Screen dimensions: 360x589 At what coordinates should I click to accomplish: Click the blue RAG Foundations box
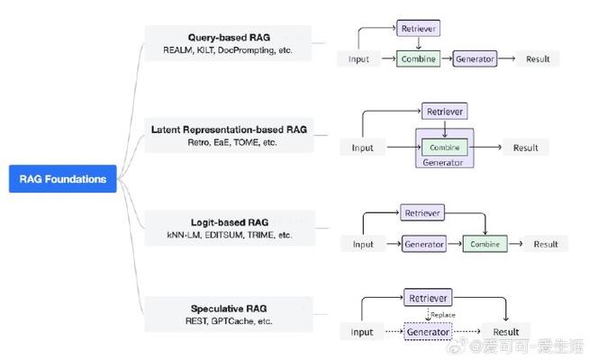[x=62, y=179]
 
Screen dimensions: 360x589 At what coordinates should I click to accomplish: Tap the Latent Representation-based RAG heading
[x=229, y=130]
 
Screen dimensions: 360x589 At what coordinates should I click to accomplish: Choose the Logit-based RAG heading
[x=229, y=221]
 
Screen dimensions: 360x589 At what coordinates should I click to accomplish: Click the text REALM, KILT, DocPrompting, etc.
[x=229, y=50]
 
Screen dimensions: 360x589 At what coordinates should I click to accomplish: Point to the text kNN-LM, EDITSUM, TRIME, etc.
[x=229, y=234]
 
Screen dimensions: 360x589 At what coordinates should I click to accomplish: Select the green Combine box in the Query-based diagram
[x=417, y=59]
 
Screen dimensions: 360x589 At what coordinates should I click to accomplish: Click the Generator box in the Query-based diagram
[x=475, y=59]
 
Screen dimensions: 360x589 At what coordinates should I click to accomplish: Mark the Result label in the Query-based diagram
[x=539, y=59]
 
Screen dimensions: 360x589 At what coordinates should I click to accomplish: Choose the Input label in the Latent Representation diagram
[x=362, y=148]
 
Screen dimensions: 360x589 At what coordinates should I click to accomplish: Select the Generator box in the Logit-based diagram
[x=424, y=244]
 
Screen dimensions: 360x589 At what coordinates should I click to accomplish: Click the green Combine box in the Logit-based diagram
[x=485, y=244]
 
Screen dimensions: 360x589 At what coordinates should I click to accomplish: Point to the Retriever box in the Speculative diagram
[x=428, y=298]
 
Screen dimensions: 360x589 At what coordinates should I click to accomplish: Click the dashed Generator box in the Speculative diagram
[x=428, y=332]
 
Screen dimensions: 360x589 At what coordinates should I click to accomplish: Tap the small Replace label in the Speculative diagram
[x=442, y=316]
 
